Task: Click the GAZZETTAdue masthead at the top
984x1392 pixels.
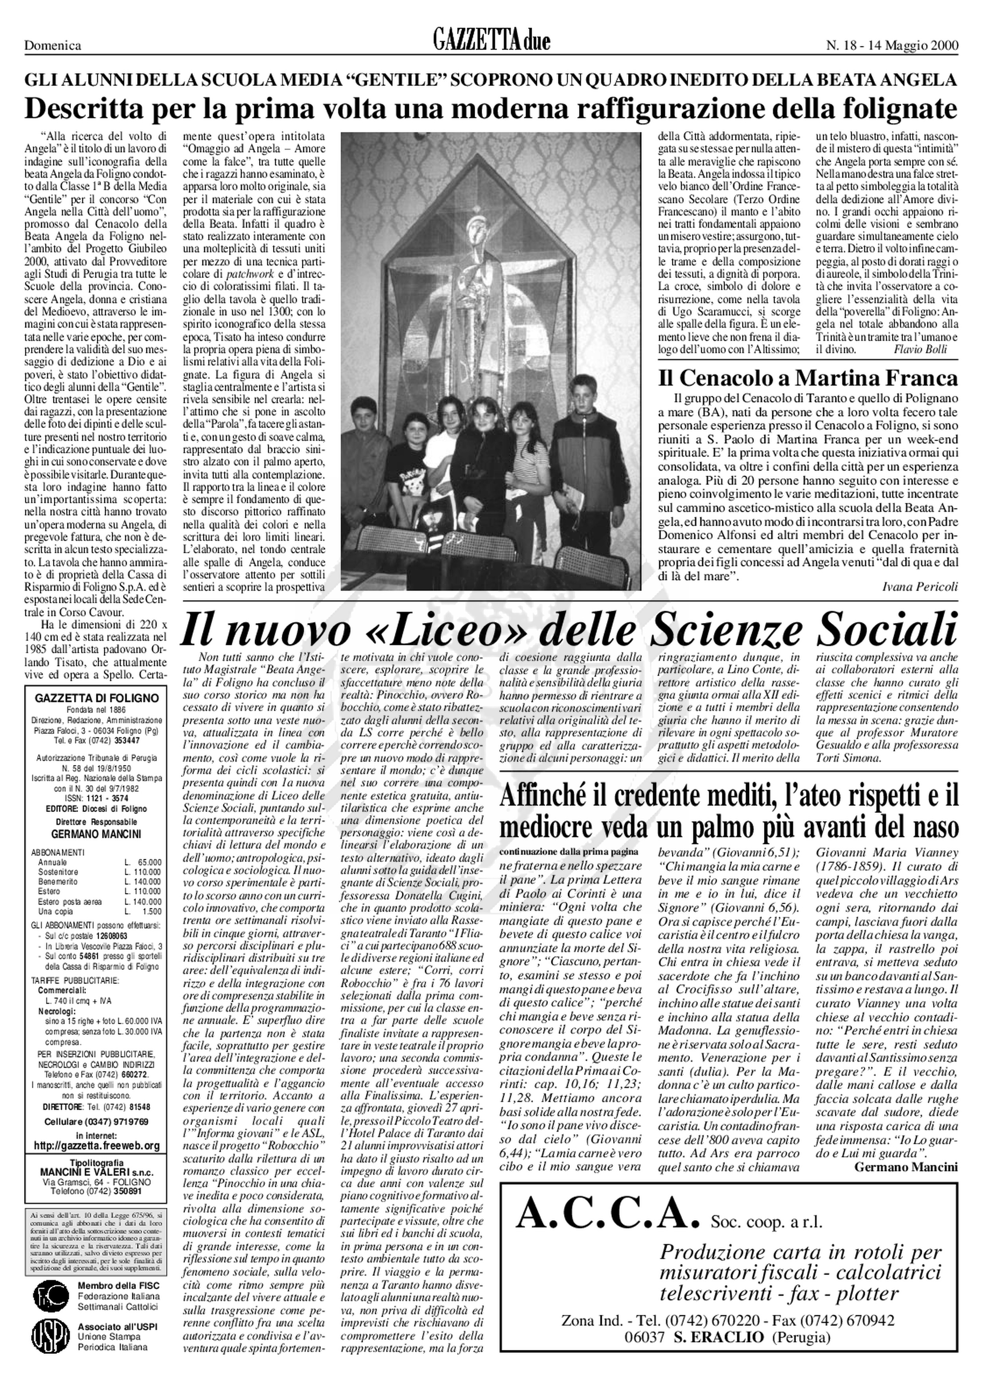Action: (491, 43)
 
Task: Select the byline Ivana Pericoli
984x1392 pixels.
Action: (920, 586)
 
